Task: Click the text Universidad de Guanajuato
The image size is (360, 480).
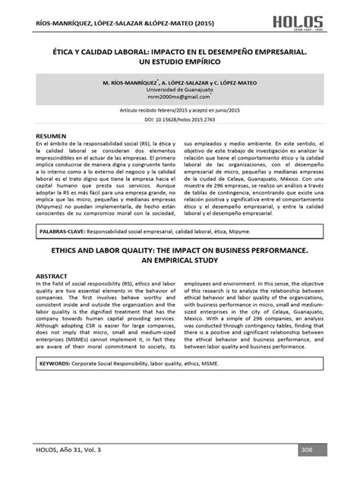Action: [x=180, y=90]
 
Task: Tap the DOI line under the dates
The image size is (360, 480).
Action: [x=180, y=120]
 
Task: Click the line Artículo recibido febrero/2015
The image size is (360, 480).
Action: [x=180, y=112]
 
